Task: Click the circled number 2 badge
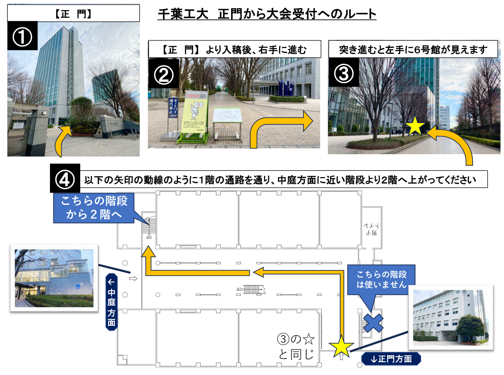click(x=164, y=74)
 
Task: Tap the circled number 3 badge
click(x=344, y=73)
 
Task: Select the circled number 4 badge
click(x=65, y=179)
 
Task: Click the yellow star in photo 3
click(x=415, y=126)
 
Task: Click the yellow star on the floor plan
click(x=341, y=346)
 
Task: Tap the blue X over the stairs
click(x=373, y=323)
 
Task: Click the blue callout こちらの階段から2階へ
click(x=94, y=208)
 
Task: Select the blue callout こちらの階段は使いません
click(x=381, y=279)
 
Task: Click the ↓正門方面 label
click(x=391, y=359)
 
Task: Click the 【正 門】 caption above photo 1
click(x=73, y=14)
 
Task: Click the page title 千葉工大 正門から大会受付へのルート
click(x=267, y=14)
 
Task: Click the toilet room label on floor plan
click(x=371, y=229)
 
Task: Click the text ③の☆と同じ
click(x=296, y=347)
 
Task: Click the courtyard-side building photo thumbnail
click(x=54, y=278)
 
